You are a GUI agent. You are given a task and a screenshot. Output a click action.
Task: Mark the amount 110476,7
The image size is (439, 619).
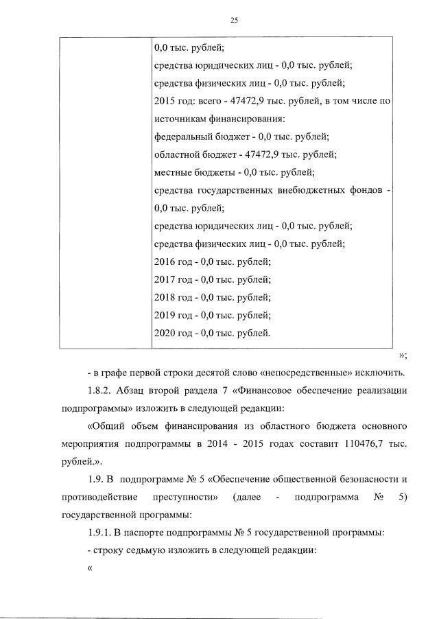click(364, 444)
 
